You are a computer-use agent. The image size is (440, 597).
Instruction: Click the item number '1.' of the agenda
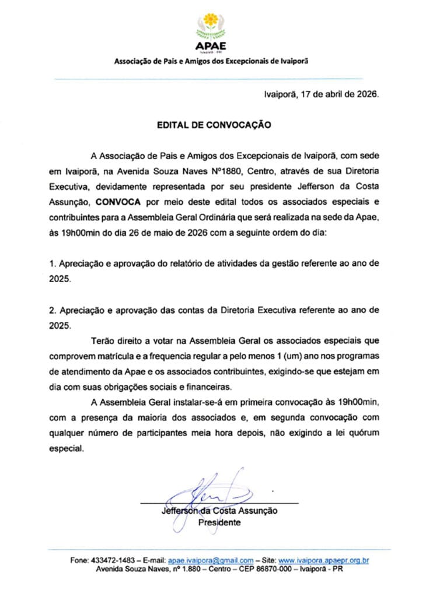(52, 264)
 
